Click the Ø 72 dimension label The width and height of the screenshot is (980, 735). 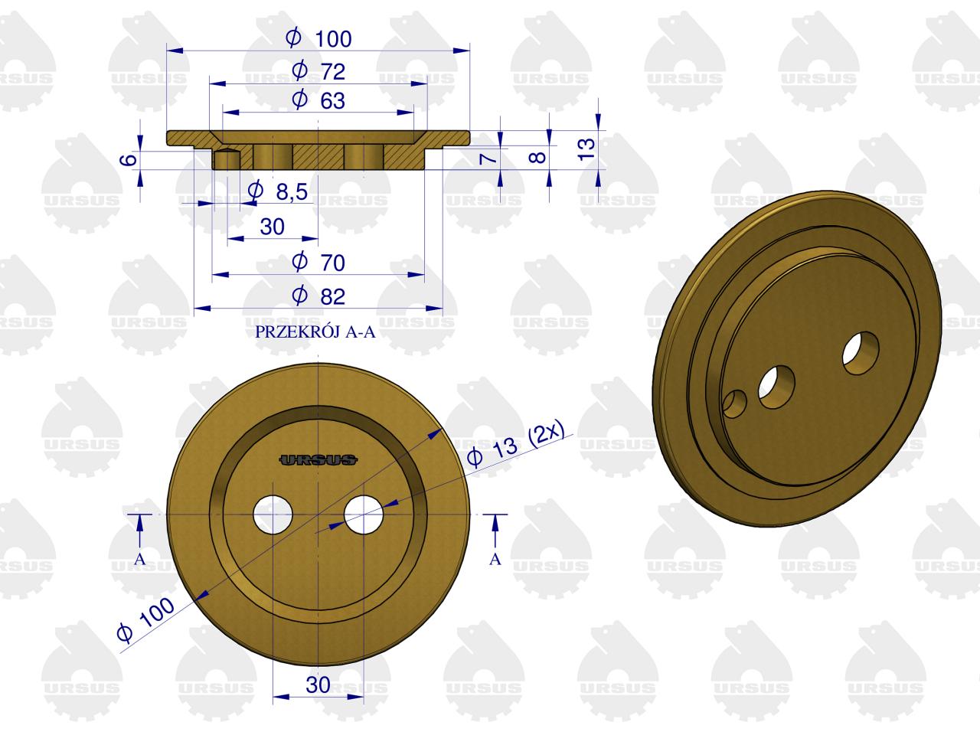318,71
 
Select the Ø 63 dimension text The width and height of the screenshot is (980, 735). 318,100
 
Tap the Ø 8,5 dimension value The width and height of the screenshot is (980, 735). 278,191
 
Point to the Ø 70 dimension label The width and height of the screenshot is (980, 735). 318,263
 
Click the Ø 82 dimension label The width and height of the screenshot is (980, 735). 318,296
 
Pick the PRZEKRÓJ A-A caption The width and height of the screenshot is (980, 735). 315,332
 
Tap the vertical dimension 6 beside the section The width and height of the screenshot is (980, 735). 129,159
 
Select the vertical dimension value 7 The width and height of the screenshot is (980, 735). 488,158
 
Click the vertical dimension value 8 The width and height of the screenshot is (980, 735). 537,157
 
